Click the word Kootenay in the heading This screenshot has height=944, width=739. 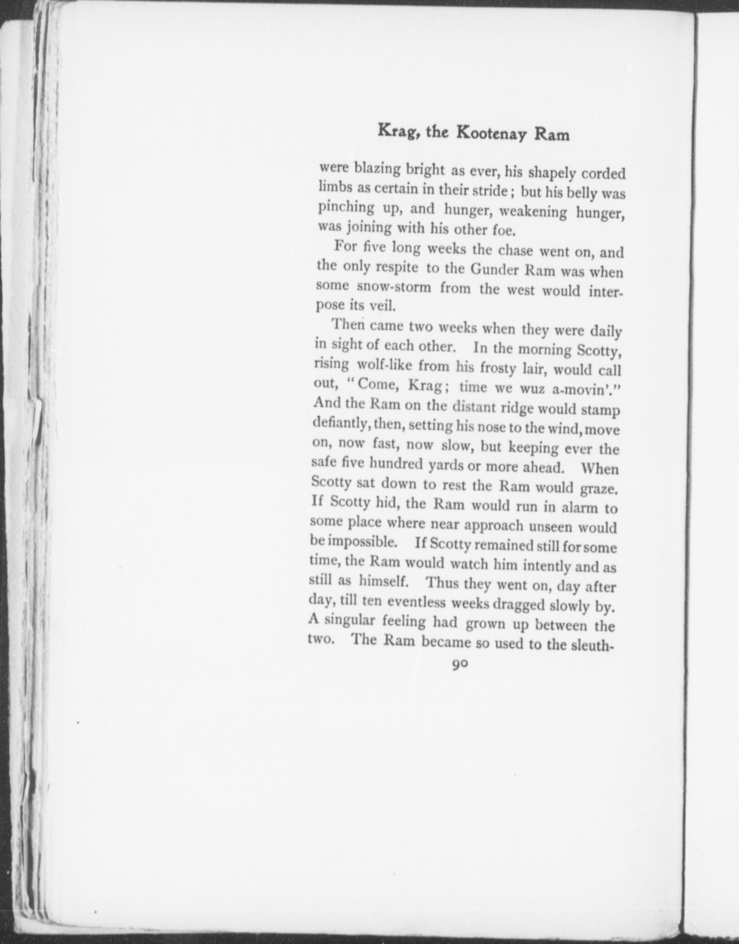[x=491, y=133]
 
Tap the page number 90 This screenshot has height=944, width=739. [x=460, y=665]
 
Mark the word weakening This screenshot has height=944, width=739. [x=533, y=212]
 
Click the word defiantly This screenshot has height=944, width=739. [x=341, y=424]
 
